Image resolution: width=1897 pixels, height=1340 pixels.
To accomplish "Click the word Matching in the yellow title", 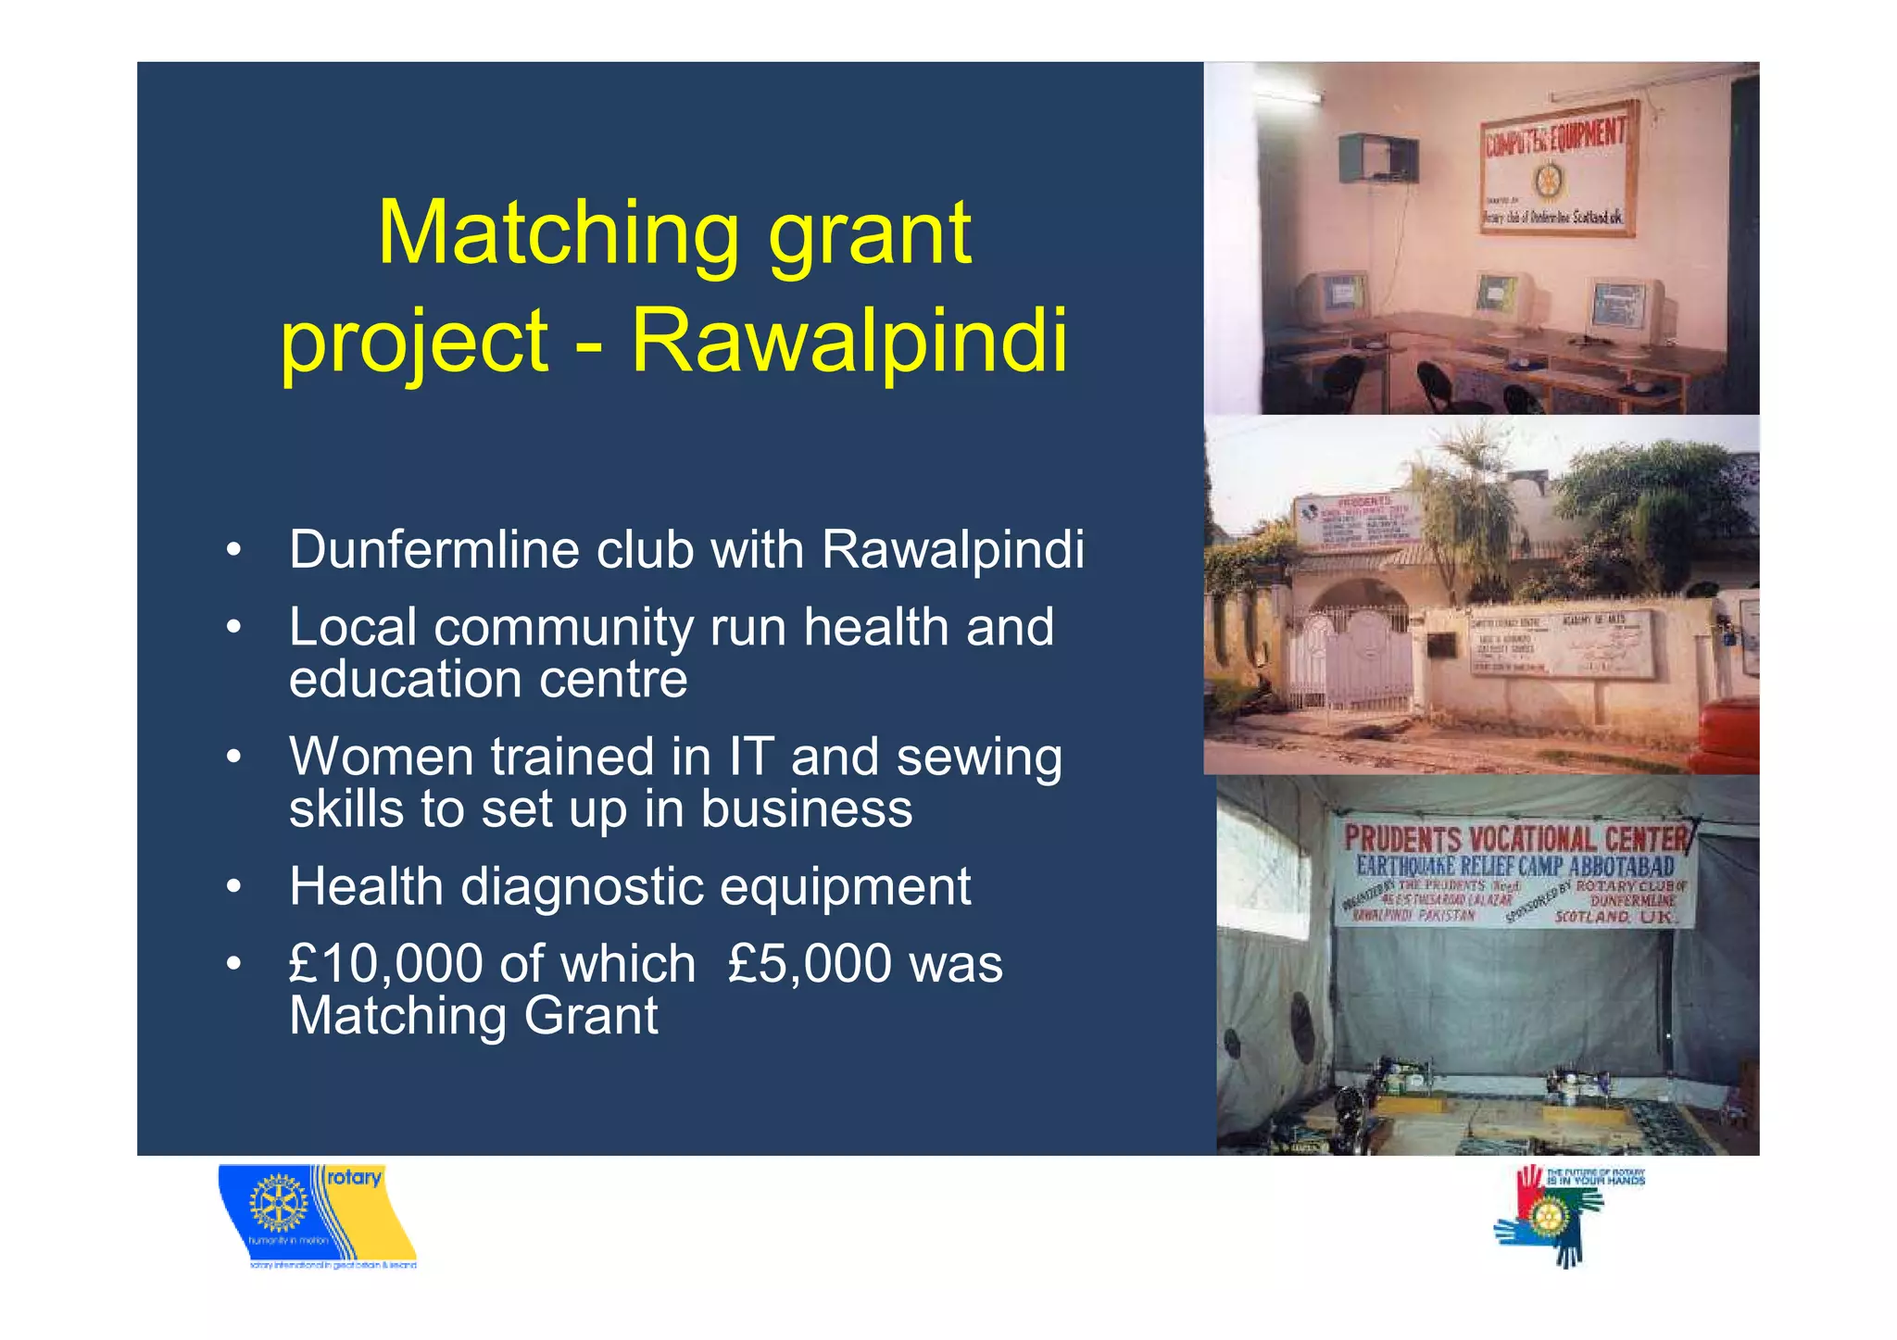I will coord(559,233).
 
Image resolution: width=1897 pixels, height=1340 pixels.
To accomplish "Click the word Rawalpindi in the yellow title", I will coord(848,340).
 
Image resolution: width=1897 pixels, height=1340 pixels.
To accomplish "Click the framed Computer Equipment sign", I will coord(1556,168).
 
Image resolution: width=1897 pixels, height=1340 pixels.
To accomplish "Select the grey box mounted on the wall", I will coord(1378,158).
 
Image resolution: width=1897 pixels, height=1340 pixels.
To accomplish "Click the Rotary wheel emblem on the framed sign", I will coord(1546,181).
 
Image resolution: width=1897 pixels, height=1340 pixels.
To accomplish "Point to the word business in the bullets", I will coord(806,809).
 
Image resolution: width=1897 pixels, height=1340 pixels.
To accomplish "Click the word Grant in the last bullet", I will coord(591,1016).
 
